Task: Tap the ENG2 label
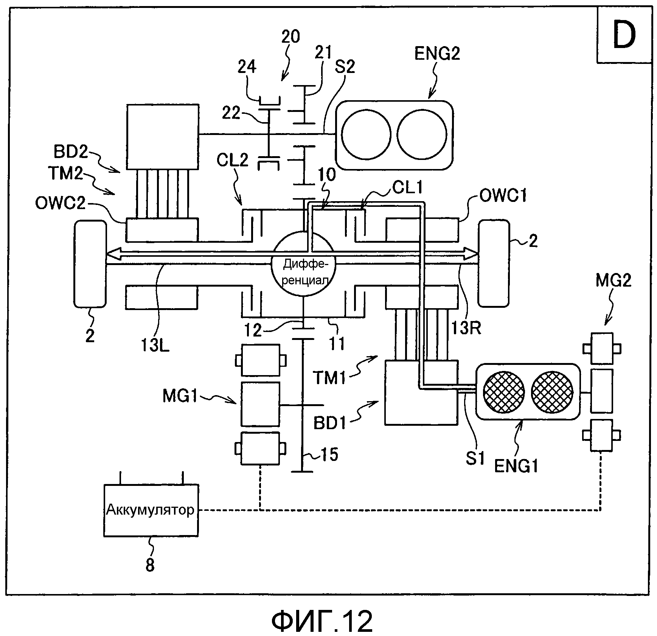pos(437,54)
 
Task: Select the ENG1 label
pos(516,466)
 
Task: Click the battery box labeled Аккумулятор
pos(151,510)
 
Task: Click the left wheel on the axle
pos(90,264)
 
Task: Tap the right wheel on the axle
pos(494,264)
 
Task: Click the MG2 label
pos(613,281)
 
